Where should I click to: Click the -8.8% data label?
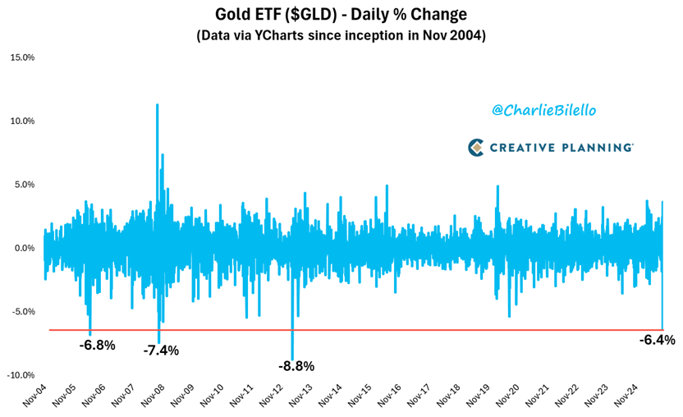pyautogui.click(x=296, y=366)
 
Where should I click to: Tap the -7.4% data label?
pyautogui.click(x=161, y=350)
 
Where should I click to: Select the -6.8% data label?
pyautogui.click(x=97, y=345)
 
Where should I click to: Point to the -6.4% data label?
pyautogui.click(x=657, y=340)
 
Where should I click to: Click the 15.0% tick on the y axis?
pyautogui.click(x=22, y=57)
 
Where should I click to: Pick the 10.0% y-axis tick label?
pyautogui.click(x=22, y=121)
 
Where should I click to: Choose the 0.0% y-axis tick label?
pyautogui.click(x=24, y=248)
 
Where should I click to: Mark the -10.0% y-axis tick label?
pyautogui.click(x=21, y=375)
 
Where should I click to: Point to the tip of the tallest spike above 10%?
pyautogui.click(x=157, y=104)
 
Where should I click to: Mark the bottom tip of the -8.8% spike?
pyautogui.click(x=292, y=359)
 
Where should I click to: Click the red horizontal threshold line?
pyautogui.click(x=410, y=330)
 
